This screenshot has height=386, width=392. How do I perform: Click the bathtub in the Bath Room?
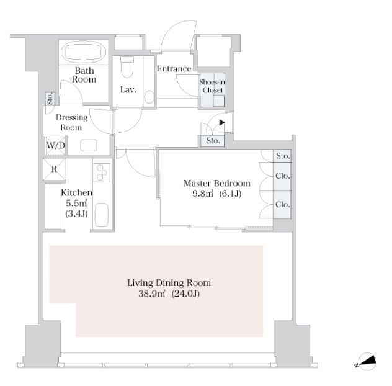(84, 52)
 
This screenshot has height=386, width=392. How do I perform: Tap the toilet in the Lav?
(127, 67)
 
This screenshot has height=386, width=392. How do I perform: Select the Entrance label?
(174, 68)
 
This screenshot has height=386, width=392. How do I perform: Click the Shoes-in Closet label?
(212, 86)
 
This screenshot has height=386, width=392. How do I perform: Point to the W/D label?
(55, 145)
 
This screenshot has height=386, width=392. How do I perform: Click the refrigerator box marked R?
(54, 169)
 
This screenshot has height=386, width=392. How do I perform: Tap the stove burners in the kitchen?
(102, 173)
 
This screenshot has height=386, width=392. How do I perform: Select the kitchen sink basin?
(102, 215)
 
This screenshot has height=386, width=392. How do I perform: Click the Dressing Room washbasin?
(89, 145)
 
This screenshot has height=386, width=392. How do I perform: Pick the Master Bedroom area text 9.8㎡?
(203, 194)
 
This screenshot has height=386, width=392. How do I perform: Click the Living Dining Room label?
(169, 283)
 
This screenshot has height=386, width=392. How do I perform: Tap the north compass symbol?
(367, 361)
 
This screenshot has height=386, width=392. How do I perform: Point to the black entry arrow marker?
(222, 123)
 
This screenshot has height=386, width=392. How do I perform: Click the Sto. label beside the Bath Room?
(50, 99)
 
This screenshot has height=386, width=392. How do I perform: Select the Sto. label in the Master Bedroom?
(283, 156)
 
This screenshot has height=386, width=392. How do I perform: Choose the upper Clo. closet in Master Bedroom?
(282, 176)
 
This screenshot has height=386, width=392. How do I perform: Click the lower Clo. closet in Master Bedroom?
(282, 204)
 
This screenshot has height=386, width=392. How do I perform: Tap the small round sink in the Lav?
(149, 97)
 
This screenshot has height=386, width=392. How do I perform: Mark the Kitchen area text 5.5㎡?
(76, 203)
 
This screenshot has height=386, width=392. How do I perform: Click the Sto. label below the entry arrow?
(213, 141)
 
